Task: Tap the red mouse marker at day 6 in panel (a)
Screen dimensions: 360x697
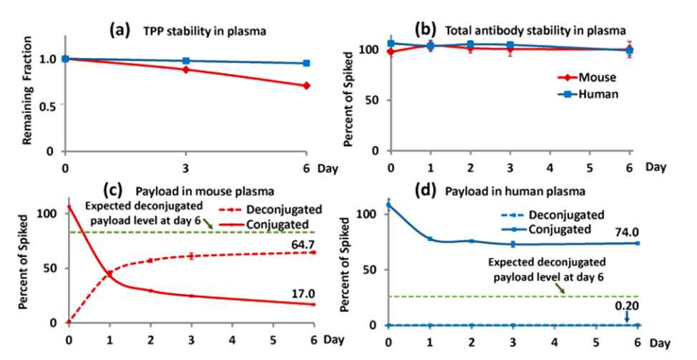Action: point(306,85)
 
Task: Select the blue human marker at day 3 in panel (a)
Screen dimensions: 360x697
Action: point(186,61)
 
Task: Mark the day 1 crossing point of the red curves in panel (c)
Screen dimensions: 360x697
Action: point(110,273)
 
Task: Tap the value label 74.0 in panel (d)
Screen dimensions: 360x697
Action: point(621,230)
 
